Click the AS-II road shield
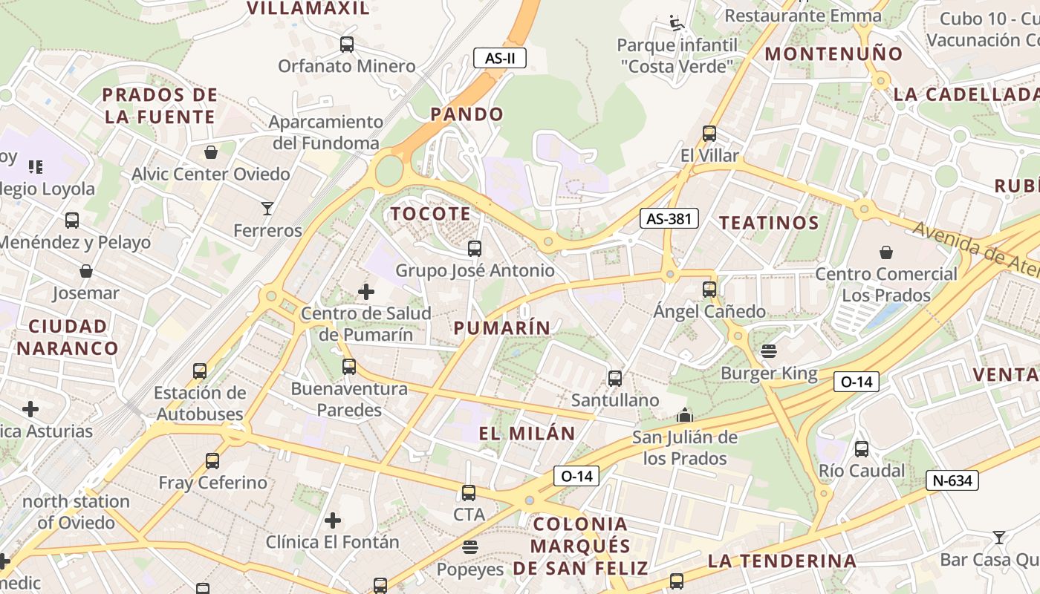tap(500, 58)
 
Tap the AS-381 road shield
tap(669, 218)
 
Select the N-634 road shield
tap(952, 480)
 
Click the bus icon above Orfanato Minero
tap(347, 44)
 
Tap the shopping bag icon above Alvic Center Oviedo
tap(211, 152)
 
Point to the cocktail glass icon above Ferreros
tap(267, 209)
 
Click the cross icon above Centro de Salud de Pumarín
tap(366, 292)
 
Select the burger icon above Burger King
tap(769, 351)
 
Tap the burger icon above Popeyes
tap(469, 548)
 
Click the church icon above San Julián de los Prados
tap(685, 415)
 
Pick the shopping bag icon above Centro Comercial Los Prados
tap(885, 252)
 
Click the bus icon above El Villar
tap(709, 134)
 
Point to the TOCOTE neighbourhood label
tap(431, 214)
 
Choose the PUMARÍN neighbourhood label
tap(502, 327)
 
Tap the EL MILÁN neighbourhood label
tap(527, 434)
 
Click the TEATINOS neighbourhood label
tap(769, 222)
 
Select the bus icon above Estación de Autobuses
tap(199, 371)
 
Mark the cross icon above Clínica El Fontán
tap(333, 520)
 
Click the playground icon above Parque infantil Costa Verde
tap(677, 23)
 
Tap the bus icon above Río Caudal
tap(862, 448)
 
